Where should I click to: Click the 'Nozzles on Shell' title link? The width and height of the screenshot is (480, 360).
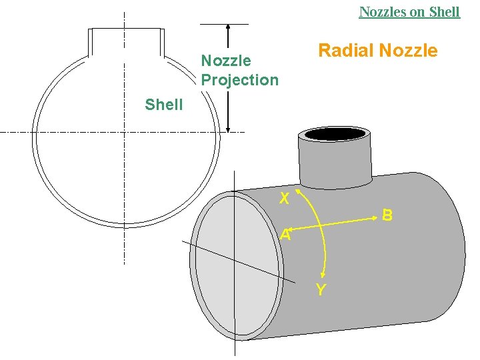point(409,12)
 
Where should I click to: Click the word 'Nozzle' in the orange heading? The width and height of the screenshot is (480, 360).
point(409,51)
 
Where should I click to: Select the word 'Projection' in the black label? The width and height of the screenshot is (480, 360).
point(240,80)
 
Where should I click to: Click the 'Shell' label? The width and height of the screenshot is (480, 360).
point(163,105)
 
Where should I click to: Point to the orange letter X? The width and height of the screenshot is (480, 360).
point(284,199)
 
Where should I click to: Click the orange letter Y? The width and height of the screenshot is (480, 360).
point(321,289)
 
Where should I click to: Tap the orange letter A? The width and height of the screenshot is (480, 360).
point(285,235)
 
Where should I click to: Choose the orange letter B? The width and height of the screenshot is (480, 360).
point(387,215)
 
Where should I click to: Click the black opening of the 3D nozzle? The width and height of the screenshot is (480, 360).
point(335,133)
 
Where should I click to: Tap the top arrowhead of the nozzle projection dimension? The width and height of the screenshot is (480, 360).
point(228,27)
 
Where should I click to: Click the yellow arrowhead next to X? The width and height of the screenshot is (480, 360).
point(297,192)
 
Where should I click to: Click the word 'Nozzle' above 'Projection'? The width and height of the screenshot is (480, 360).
point(226,61)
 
